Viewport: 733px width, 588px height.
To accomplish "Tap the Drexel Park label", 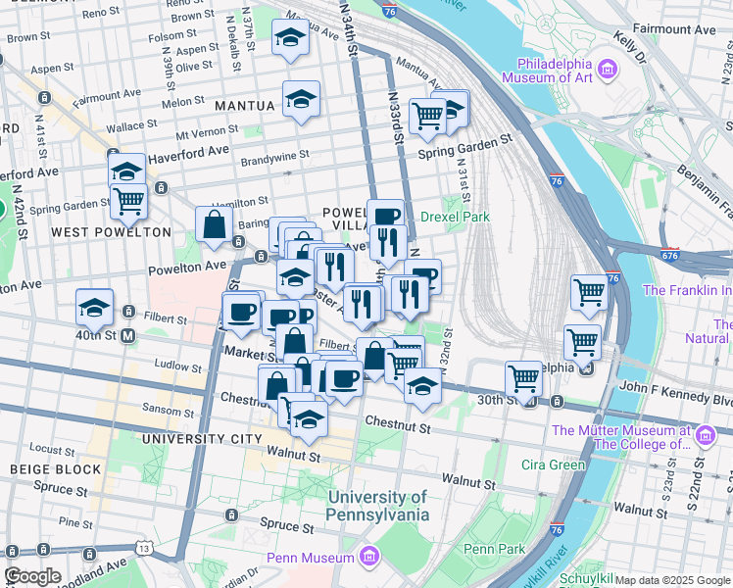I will (x=454, y=217).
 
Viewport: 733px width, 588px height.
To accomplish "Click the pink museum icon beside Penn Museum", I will (x=369, y=558).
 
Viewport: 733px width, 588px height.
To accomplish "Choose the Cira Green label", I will (x=553, y=465).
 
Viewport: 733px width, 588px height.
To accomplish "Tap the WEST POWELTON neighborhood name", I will (x=111, y=232).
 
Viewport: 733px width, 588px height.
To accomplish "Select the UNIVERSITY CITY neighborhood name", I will (x=202, y=438).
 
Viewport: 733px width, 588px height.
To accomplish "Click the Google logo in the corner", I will (x=32, y=576).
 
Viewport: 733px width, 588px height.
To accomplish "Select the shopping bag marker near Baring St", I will (x=214, y=225).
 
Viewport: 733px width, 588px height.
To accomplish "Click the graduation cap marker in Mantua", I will (x=301, y=98).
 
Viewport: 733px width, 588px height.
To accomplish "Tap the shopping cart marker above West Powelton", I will (x=128, y=202).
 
